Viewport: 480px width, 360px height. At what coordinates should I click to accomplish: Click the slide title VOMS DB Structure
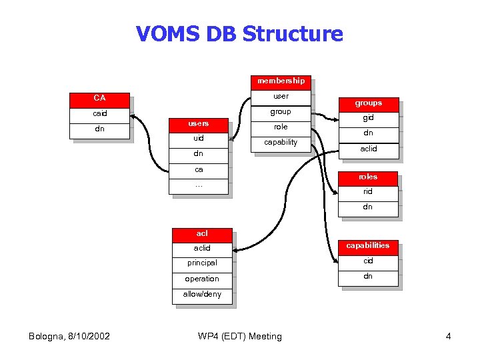(239, 33)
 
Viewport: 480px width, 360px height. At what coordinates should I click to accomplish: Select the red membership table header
(281, 81)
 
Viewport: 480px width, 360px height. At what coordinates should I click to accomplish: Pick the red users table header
(199, 123)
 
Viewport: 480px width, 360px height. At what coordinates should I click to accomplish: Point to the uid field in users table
(199, 138)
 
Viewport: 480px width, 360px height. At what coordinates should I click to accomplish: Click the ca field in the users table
(199, 169)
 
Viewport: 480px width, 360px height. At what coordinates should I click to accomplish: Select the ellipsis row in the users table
(199, 185)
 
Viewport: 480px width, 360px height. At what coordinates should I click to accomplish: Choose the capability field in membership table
(281, 142)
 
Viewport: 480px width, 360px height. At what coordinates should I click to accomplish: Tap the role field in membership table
(281, 127)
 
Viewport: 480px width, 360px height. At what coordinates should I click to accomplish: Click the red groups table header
(368, 103)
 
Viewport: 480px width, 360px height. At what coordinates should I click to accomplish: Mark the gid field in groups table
(368, 118)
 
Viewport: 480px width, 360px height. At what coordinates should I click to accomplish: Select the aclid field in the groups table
(368, 149)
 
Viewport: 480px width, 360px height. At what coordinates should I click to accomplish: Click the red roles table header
(368, 177)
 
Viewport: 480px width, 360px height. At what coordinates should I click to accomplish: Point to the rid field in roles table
(368, 191)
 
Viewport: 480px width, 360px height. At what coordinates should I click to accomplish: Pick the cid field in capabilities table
(368, 261)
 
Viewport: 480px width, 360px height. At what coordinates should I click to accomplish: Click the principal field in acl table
(202, 263)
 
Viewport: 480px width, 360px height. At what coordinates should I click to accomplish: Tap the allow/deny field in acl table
(202, 294)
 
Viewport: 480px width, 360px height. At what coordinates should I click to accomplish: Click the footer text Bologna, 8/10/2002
(69, 336)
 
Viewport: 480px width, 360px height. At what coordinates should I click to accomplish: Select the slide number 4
(448, 336)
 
